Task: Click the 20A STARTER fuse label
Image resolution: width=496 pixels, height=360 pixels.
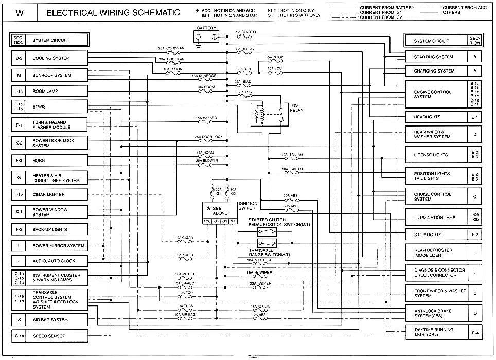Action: click(245, 32)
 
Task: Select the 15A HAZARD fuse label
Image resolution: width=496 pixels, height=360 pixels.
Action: click(206, 118)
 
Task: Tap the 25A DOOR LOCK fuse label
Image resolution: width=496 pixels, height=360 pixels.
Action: click(208, 137)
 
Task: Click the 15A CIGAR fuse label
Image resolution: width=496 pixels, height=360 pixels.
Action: click(184, 238)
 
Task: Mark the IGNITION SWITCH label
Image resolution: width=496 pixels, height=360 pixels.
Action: click(248, 206)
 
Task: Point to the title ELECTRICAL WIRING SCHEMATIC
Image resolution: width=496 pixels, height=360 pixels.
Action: click(113, 12)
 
